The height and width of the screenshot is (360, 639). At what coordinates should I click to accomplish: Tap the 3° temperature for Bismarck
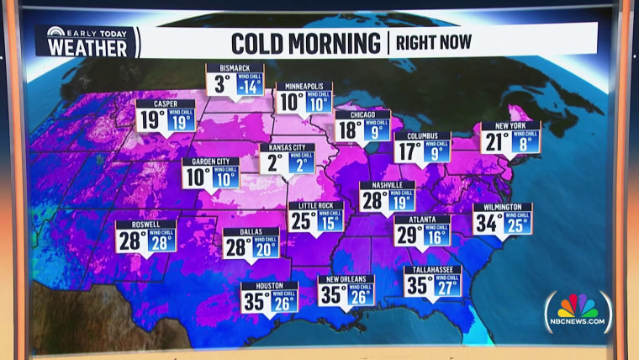click(222, 85)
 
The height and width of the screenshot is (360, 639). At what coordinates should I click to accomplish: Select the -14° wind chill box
click(249, 85)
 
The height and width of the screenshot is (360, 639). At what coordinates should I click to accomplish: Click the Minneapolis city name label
click(304, 87)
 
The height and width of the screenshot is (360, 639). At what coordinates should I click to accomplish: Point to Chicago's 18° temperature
click(348, 130)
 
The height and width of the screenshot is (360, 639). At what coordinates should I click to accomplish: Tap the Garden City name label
click(210, 162)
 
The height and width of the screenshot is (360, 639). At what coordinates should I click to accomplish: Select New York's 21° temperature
click(495, 142)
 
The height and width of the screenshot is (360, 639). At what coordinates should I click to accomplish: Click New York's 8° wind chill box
click(525, 142)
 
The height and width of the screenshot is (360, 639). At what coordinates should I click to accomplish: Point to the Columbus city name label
click(422, 135)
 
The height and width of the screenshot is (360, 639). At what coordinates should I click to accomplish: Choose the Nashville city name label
click(387, 185)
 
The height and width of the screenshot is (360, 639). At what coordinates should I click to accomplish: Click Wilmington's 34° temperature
click(487, 224)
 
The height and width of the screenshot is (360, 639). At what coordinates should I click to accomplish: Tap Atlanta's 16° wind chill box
click(436, 236)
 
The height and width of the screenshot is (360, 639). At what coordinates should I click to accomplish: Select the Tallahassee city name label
click(432, 270)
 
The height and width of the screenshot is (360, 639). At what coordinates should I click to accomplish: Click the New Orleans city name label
click(346, 279)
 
